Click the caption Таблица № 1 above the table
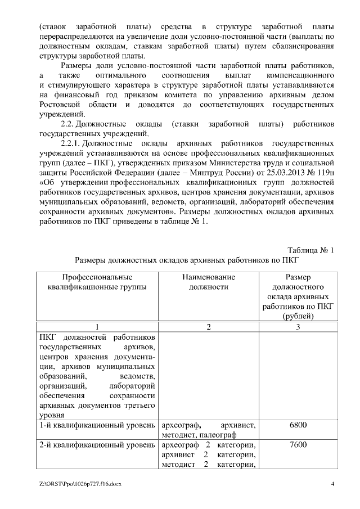click(x=310, y=250)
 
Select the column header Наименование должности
click(x=209, y=282)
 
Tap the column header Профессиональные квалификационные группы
click(x=97, y=282)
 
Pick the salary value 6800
click(x=298, y=425)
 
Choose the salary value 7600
click(x=298, y=444)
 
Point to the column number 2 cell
click(x=209, y=327)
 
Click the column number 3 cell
click(x=298, y=327)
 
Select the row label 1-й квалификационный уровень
click(x=97, y=425)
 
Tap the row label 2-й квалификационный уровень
click(x=97, y=444)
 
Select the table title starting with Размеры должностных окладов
click(x=186, y=260)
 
